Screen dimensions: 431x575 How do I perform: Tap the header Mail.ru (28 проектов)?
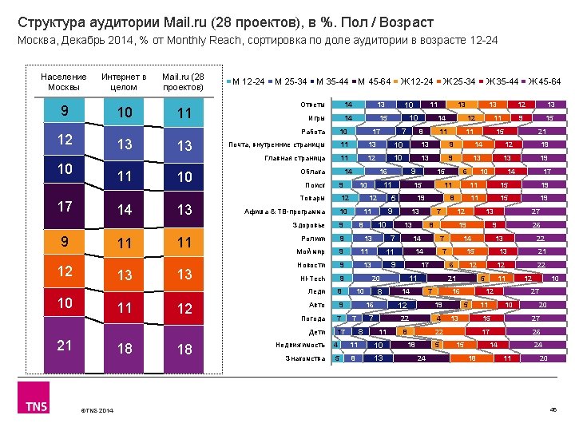[184, 81]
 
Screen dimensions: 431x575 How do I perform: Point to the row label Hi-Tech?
[312, 278]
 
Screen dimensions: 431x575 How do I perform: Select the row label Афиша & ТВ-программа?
[285, 212]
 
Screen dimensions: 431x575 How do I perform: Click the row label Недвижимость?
[300, 345]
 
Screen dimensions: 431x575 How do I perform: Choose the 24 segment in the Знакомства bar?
[420, 358]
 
